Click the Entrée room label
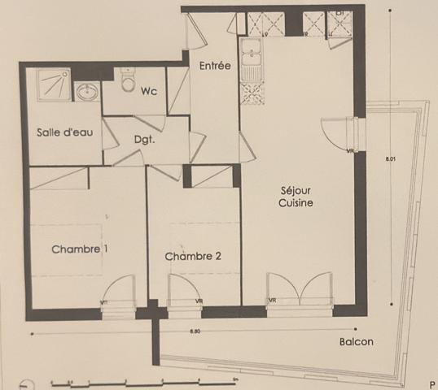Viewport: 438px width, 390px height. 214,66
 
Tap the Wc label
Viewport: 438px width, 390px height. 148,91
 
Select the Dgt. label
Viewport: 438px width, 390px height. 145,139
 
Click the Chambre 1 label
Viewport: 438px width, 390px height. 80,249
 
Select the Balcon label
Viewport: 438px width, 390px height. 356,342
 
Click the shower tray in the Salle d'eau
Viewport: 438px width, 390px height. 51,84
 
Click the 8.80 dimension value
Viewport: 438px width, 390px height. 194,331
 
